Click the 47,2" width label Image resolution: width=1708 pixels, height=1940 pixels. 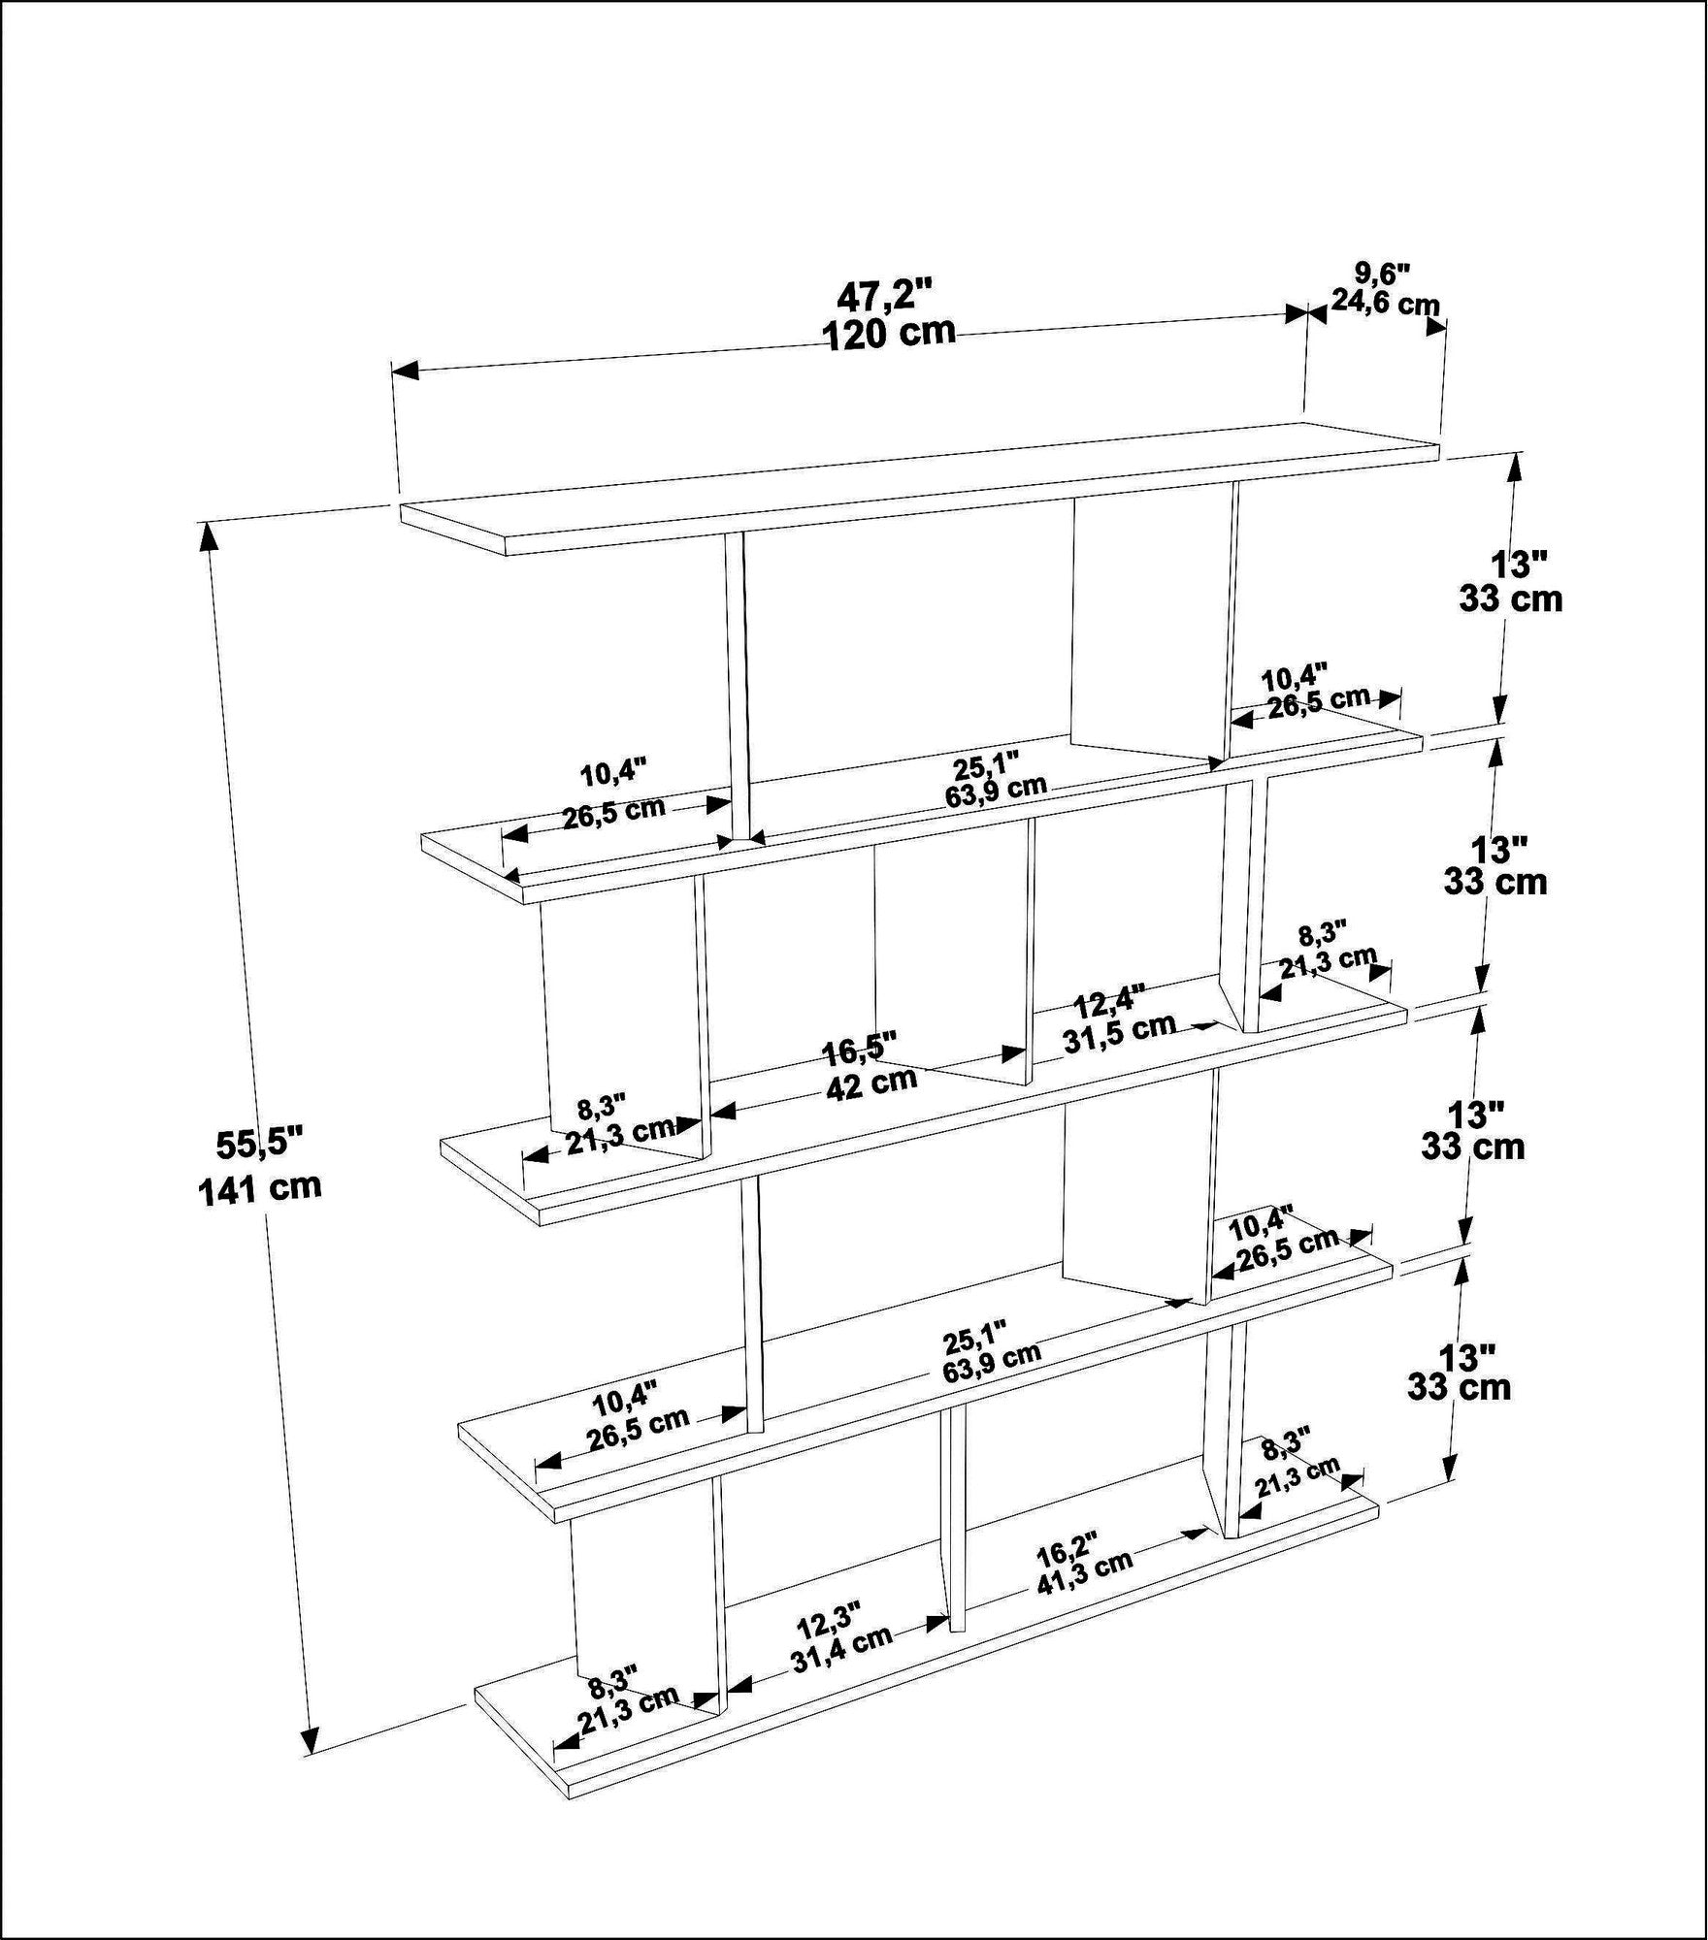pyautogui.click(x=884, y=292)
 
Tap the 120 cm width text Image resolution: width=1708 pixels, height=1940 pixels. pyautogui.click(x=888, y=334)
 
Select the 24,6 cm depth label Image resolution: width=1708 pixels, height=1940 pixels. pyautogui.click(x=1384, y=302)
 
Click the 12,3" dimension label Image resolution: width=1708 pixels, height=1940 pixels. pyautogui.click(x=829, y=1619)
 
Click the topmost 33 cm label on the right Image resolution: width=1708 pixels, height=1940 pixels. pyautogui.click(x=1510, y=599)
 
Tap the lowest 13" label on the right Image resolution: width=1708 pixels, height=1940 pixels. pyautogui.click(x=1465, y=1356)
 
